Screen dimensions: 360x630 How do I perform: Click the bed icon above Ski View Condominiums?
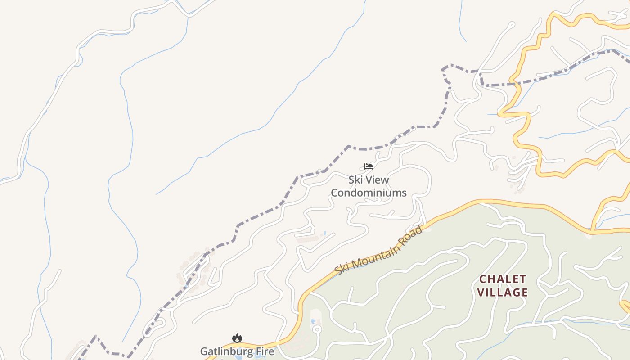369,166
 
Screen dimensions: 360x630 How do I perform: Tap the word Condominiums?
369,193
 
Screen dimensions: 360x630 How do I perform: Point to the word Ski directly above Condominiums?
355,180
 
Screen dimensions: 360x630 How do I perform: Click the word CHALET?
502,279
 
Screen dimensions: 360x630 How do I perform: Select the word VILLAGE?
502,292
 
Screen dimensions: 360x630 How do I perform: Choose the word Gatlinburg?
225,351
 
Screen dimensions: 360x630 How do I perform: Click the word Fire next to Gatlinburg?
264,351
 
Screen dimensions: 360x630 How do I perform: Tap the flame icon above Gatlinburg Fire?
237,338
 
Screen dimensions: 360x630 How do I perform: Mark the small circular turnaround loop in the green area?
317,329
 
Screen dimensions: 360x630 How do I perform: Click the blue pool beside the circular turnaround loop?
313,321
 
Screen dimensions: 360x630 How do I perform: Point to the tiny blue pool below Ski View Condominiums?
325,233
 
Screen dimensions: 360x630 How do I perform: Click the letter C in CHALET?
483,279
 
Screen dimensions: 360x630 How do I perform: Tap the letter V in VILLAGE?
481,292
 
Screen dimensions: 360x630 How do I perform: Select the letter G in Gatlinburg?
204,351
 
